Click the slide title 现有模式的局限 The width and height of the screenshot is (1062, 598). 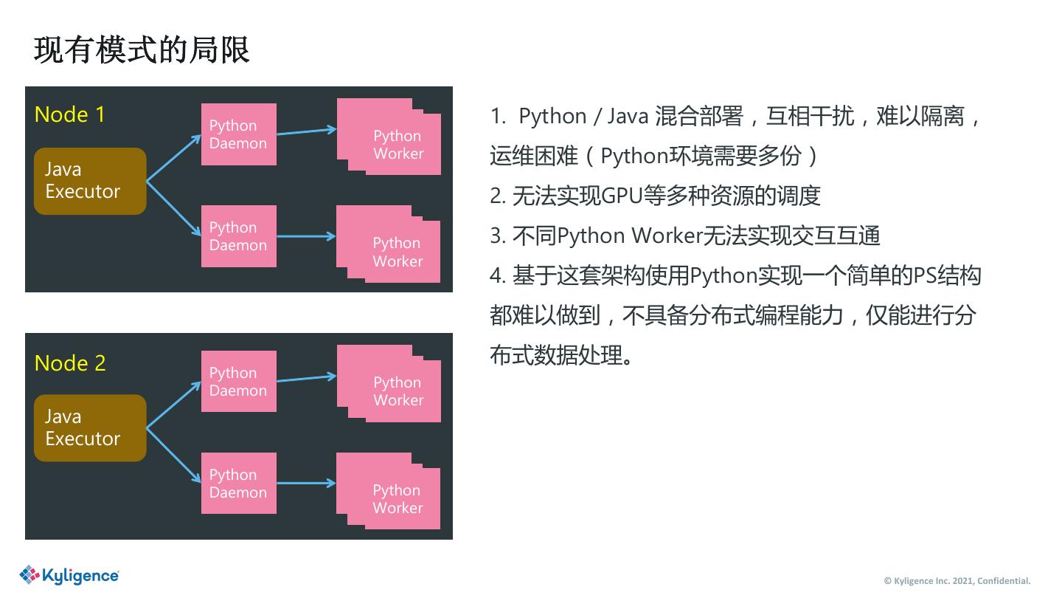142,49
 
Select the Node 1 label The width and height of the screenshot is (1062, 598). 69,114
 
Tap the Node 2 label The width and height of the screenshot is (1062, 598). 70,363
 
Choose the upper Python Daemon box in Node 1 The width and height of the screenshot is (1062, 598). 238,134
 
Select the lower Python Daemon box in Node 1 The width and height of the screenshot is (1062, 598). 238,236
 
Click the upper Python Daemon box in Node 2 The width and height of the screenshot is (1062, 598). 238,382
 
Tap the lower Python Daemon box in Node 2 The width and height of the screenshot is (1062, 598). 238,484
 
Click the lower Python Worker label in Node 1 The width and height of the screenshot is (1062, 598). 398,252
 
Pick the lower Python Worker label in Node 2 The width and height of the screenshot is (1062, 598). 398,499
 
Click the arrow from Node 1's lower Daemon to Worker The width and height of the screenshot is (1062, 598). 306,236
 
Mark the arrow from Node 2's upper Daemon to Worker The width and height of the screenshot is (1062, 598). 306,379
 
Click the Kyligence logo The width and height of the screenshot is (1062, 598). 69,575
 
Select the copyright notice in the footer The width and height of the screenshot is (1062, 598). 957,580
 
